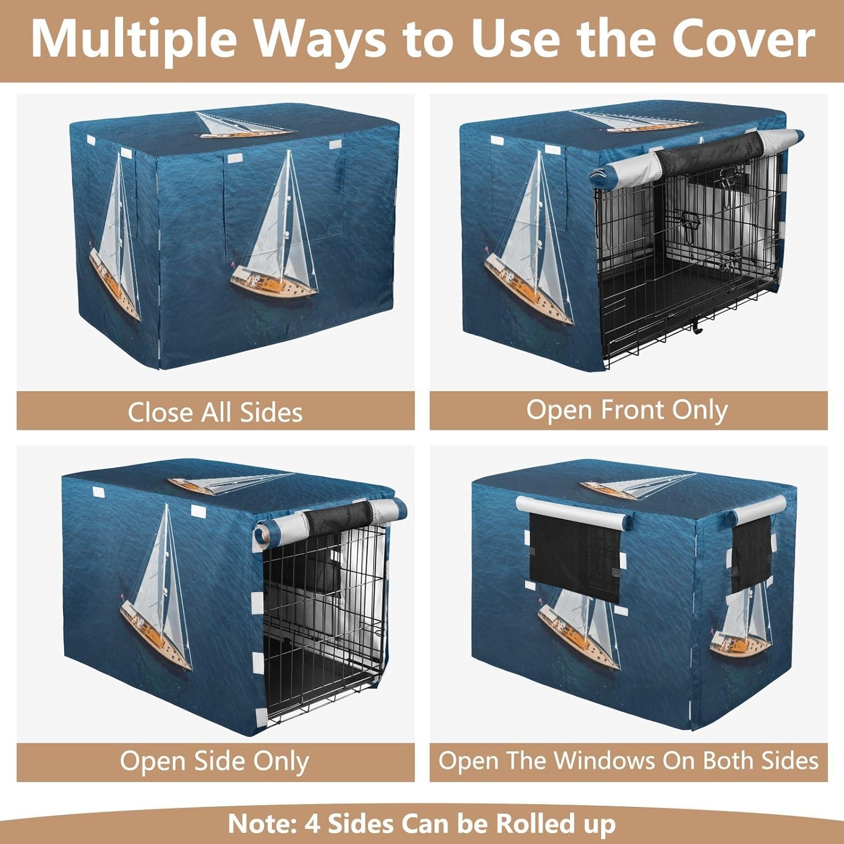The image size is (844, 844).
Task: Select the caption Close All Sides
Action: coord(215,412)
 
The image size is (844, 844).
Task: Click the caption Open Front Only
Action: coord(627,410)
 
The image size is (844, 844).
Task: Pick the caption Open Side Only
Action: coord(214,762)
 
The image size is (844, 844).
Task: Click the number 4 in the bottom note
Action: coord(312,824)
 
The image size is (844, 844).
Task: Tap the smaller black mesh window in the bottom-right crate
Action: coord(751,554)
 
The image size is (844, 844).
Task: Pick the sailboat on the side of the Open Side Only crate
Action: coord(158,591)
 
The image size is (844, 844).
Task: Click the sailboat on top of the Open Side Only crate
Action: coord(231,484)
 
